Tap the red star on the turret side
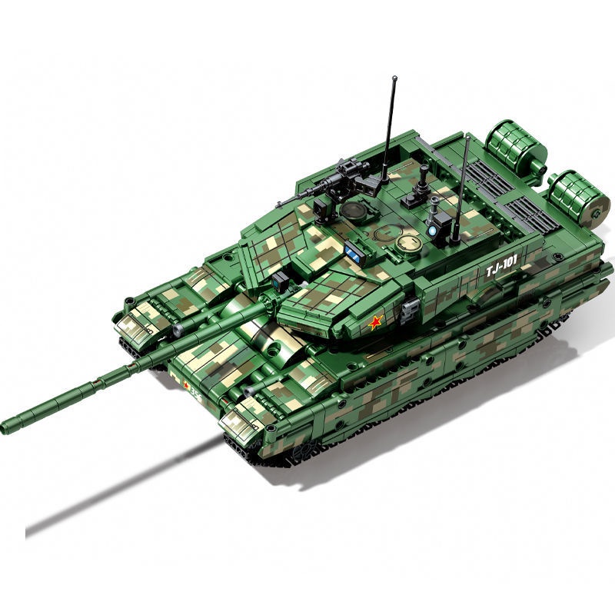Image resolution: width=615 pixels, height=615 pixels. (374, 323)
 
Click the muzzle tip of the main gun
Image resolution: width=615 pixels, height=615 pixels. (6, 427)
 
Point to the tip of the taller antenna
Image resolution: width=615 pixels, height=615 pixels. (394, 78)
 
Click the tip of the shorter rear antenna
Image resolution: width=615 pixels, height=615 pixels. (466, 136)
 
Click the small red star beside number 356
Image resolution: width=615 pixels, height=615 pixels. (184, 385)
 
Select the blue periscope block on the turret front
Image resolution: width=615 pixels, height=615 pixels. (354, 251)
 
